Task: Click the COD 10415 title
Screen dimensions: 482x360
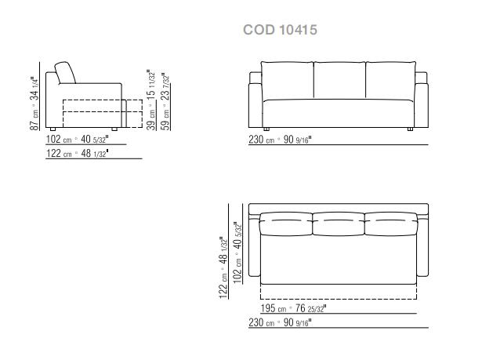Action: pos(280,30)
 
